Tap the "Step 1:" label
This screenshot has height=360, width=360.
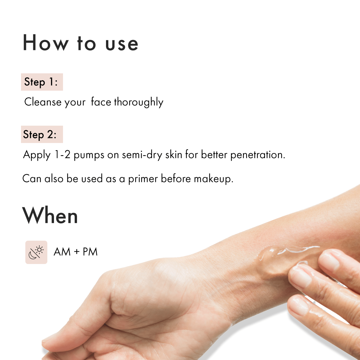point(41,82)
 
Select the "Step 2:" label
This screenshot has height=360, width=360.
point(40,135)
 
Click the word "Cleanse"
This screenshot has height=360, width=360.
point(43,102)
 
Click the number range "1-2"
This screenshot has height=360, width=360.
point(62,155)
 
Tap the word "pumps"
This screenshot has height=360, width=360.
point(89,155)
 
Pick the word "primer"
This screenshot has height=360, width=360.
point(143,179)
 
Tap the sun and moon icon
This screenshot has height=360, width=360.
point(36,252)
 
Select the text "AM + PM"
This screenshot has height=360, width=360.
point(76,252)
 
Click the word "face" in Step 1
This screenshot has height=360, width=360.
point(101,102)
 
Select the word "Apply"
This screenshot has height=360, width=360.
point(37,155)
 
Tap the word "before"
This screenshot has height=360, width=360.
point(176,178)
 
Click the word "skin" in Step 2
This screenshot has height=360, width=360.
point(174,154)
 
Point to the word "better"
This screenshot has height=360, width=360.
point(214,155)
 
